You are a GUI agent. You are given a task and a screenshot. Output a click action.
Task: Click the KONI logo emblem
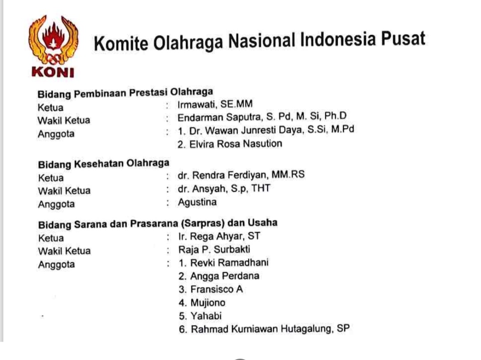[53, 46]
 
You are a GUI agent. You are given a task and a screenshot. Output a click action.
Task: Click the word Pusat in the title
[403, 39]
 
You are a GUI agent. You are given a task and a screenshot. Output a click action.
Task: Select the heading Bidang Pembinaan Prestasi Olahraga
[125, 93]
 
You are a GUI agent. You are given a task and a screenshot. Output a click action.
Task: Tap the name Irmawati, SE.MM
[215, 104]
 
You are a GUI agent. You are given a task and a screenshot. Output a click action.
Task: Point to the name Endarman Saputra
[220, 117]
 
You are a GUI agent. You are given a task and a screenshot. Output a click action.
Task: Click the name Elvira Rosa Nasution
[236, 144]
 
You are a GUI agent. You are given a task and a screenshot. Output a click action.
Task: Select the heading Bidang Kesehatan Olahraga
[104, 164]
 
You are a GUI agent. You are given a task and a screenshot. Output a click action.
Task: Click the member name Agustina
[197, 202]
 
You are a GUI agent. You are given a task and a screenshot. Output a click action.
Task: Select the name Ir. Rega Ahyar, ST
[219, 236]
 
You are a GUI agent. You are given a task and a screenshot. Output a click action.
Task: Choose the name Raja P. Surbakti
[214, 249]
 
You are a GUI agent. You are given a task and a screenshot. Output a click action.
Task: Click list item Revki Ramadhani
[229, 263]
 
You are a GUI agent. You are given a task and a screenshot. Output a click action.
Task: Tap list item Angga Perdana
[224, 276]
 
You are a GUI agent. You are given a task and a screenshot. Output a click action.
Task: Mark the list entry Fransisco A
[216, 289]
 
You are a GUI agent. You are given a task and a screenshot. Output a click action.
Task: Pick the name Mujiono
[208, 303]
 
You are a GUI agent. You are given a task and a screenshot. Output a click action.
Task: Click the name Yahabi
[206, 316]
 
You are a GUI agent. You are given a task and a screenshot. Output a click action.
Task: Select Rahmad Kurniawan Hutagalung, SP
[270, 329]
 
